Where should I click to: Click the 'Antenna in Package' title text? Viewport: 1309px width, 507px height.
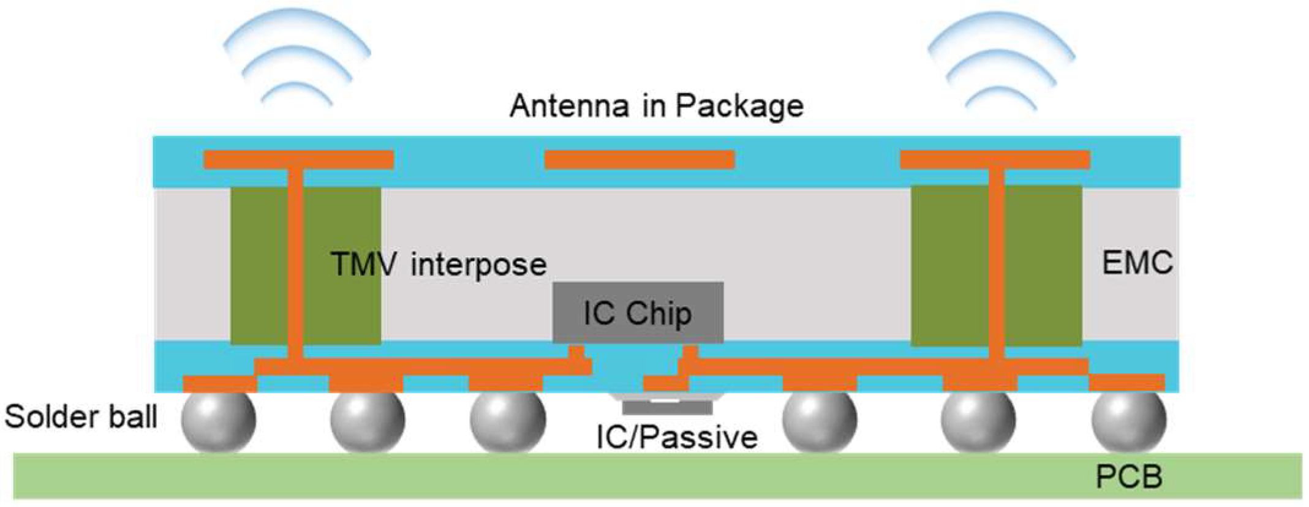tap(656, 107)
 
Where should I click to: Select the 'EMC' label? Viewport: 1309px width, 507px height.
tap(1137, 263)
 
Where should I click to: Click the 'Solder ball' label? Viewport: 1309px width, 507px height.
tap(81, 418)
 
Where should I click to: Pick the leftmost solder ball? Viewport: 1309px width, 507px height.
tap(219, 421)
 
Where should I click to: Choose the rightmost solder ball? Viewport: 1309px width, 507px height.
tap(1129, 421)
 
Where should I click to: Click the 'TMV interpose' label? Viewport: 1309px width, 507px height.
tap(439, 265)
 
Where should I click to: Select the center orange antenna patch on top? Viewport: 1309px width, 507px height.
tap(639, 160)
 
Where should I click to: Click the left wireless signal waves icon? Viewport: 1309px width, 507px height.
tap(297, 58)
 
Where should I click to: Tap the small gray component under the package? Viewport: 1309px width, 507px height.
tap(667, 406)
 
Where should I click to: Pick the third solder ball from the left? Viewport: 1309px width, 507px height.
tap(507, 421)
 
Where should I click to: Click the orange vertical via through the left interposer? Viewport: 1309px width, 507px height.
tap(295, 263)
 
